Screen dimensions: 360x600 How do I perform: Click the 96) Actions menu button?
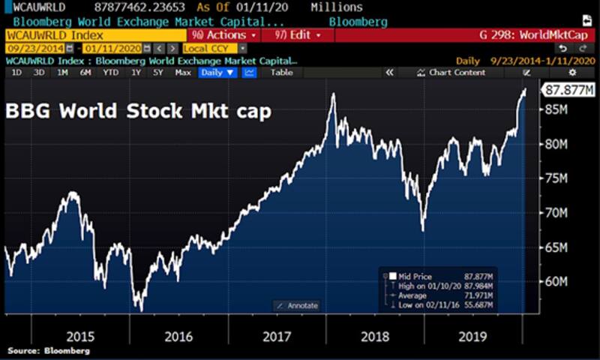[x=224, y=35]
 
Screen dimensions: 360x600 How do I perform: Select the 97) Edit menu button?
[x=298, y=35]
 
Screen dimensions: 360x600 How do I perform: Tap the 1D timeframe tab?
[x=16, y=73]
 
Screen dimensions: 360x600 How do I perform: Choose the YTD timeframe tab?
[x=110, y=73]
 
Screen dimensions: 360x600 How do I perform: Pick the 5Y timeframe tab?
[x=158, y=73]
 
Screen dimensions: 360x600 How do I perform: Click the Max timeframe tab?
[x=182, y=73]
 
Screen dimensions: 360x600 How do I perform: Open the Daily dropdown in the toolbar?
[x=218, y=73]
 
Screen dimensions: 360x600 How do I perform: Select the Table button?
[x=281, y=73]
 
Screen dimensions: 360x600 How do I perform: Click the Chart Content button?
[x=457, y=73]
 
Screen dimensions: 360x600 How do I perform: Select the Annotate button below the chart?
[x=296, y=305]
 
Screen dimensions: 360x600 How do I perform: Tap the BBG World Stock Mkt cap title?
[x=139, y=112]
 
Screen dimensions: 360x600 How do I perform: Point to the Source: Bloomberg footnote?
[x=49, y=350]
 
